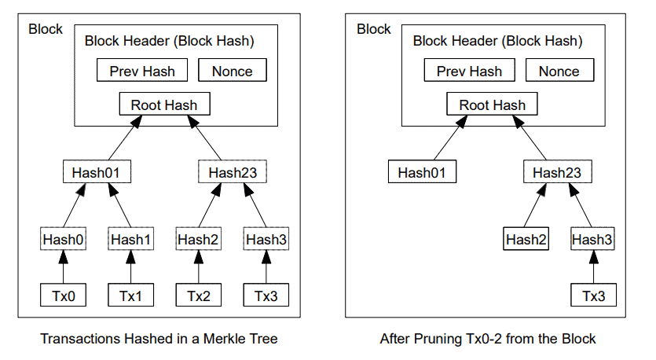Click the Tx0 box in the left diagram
coord(63,296)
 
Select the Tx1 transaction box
coord(130,296)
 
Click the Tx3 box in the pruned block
coord(594,296)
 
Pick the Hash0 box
coord(63,239)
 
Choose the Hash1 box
coord(130,239)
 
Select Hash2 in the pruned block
coord(526,239)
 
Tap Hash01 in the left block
coord(96,172)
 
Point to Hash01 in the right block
coord(423,172)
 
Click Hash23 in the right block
coord(559,172)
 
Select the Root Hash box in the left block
coord(164,105)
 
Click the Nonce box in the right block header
coord(559,71)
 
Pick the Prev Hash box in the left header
coord(142,71)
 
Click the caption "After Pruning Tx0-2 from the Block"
coord(488,340)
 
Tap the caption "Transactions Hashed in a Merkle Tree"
coord(159,340)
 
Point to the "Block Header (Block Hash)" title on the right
coord(497,41)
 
